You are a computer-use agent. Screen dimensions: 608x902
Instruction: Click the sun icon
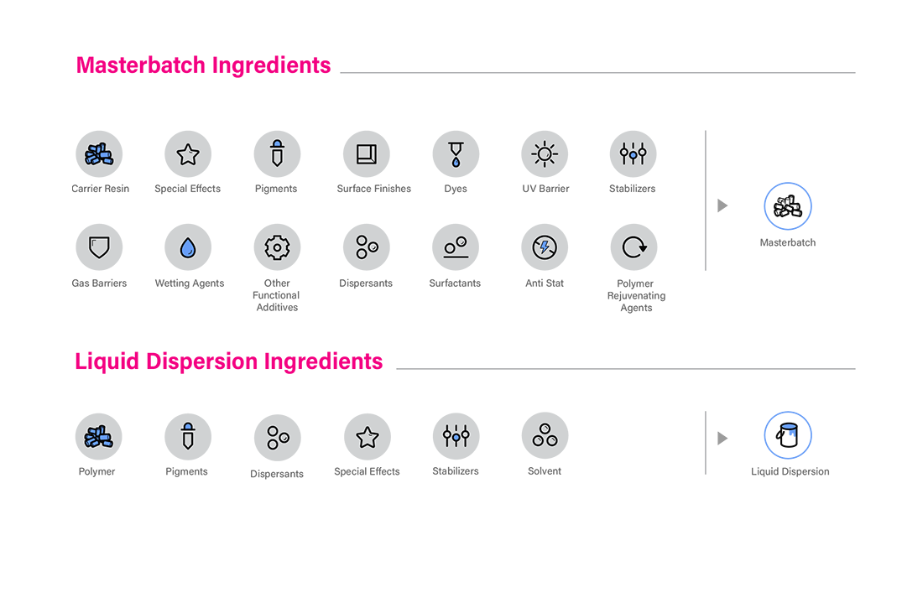[x=545, y=153]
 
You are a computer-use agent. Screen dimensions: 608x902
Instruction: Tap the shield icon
[x=98, y=247]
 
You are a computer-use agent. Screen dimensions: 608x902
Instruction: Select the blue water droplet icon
[x=188, y=247]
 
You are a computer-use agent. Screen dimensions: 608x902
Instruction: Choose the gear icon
[x=276, y=247]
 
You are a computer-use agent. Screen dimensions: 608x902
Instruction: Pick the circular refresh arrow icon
[x=634, y=247]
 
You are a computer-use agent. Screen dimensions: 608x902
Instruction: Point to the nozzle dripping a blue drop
[x=455, y=154]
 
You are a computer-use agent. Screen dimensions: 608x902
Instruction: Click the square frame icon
[x=366, y=153]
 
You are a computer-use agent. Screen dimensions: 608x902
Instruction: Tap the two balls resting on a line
[x=455, y=247]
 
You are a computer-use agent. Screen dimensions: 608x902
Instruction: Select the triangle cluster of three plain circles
[x=545, y=436]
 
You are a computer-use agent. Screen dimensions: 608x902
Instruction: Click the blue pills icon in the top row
[x=99, y=154]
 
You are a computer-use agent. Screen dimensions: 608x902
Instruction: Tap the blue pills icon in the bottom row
[x=99, y=437]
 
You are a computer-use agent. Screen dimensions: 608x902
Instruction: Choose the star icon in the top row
[x=188, y=154]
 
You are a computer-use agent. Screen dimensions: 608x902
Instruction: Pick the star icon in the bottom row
[x=367, y=437]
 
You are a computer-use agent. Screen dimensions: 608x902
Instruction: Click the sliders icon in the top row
[x=633, y=153]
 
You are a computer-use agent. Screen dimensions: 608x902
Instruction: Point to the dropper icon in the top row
[x=276, y=153]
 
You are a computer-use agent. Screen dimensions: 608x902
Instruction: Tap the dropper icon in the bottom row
[x=188, y=436]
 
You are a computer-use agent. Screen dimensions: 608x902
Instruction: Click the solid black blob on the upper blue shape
[x=788, y=206]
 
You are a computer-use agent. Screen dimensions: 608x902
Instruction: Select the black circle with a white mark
[x=788, y=434]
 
